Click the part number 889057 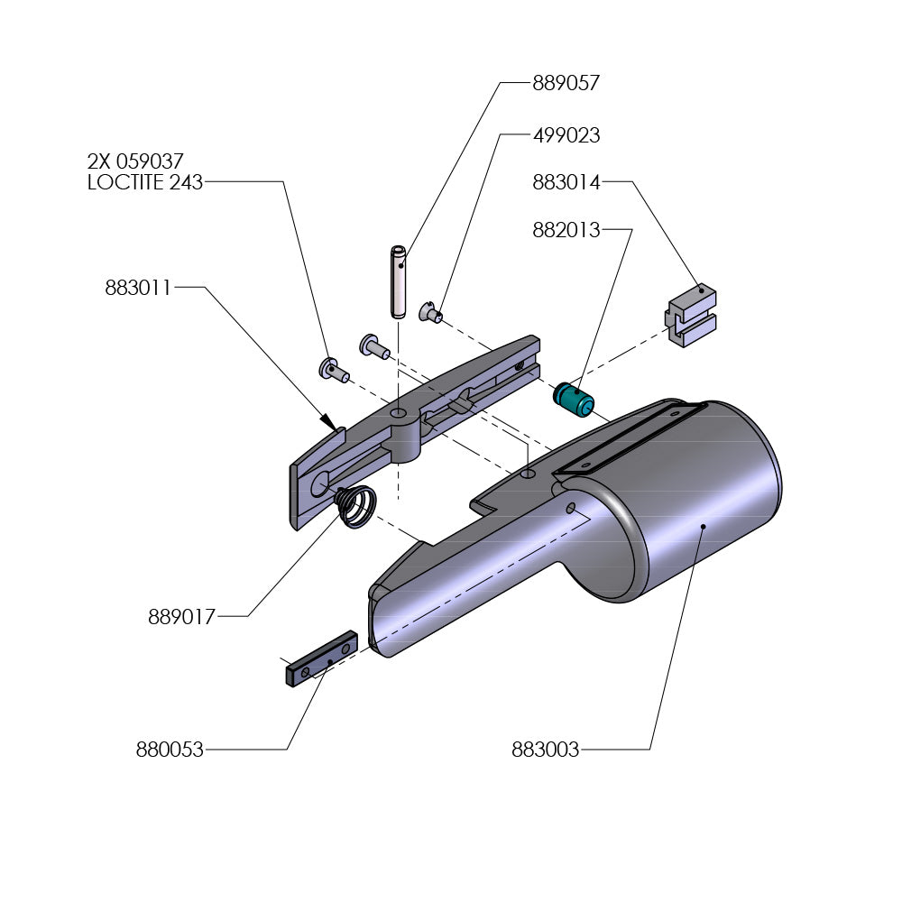(566, 83)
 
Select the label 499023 (566, 136)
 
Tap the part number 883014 (566, 182)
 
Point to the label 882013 (566, 230)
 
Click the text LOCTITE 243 (144, 182)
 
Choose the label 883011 (138, 289)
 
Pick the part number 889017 (181, 617)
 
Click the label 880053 (170, 749)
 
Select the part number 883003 (545, 749)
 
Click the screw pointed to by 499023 (431, 314)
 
